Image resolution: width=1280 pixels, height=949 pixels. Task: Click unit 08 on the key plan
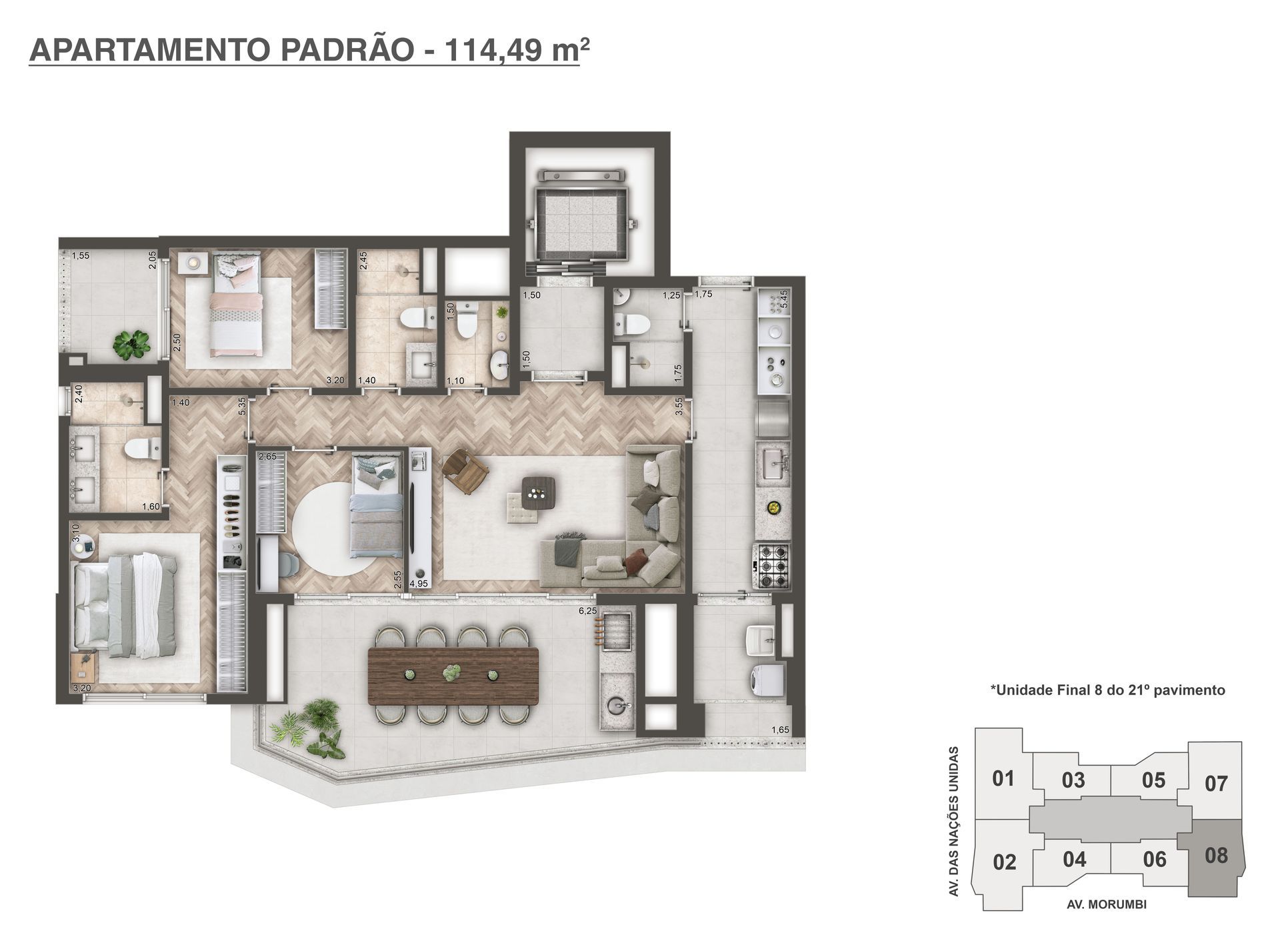1216,855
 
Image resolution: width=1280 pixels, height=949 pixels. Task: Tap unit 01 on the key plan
1003,778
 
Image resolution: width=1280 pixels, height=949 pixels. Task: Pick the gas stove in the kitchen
772,566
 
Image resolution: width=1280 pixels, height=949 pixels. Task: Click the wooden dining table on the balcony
453,675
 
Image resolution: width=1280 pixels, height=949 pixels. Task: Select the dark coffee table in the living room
537,493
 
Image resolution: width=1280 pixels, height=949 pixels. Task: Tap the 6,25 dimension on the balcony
588,610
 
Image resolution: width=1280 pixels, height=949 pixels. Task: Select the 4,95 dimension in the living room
419,584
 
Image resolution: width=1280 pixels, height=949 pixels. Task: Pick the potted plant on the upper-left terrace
131,344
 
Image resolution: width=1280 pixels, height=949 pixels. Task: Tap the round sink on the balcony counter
615,704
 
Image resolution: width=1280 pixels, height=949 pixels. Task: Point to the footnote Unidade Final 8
1107,690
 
